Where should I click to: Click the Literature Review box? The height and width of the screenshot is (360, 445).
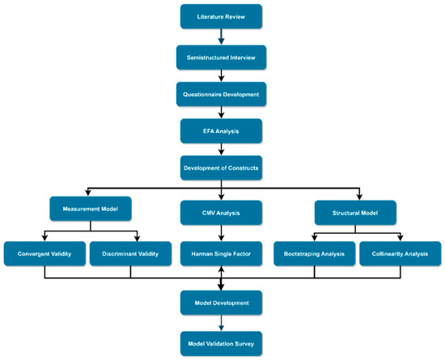222,17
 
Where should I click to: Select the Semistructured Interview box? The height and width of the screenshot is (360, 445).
222,56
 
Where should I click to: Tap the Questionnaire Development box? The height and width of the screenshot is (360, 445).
222,92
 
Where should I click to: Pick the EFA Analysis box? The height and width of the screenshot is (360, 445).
222,129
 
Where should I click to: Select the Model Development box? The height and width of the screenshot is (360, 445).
222,303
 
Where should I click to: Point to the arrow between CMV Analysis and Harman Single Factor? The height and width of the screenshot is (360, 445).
222,232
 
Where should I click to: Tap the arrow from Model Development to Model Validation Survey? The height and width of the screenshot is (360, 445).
222,322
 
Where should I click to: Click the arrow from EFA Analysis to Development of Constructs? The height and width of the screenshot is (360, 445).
222,148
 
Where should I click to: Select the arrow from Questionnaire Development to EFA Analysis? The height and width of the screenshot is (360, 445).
222,111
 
